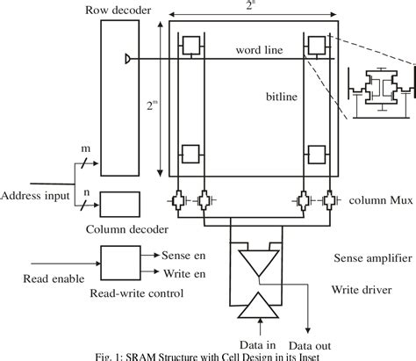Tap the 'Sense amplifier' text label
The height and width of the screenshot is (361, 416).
[369, 258]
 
